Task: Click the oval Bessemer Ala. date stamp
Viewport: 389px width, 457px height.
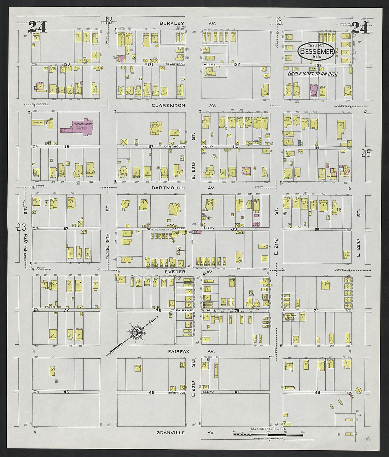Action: point(316,51)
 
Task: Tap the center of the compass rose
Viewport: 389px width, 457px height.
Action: point(137,332)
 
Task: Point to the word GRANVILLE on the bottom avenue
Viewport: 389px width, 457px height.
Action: point(171,432)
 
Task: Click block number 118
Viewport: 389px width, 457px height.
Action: point(65,146)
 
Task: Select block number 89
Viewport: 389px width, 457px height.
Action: point(234,229)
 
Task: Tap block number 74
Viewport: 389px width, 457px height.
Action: point(316,310)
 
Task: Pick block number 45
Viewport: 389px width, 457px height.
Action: point(66,392)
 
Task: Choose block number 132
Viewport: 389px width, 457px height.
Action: point(237,65)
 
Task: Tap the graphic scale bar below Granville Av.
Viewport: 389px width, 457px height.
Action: point(268,434)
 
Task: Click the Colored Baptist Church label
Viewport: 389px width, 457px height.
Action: point(291,317)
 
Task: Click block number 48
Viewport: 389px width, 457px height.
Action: point(317,392)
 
